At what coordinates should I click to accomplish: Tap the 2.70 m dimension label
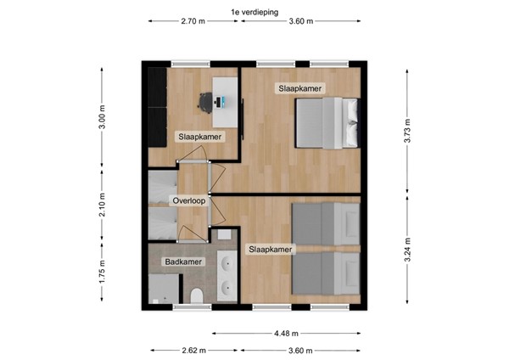click(193, 22)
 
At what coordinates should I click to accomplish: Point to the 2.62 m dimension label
click(193, 350)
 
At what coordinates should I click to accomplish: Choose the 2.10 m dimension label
click(102, 205)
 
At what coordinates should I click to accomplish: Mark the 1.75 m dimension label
click(102, 271)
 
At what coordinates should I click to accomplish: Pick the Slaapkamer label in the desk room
click(200, 136)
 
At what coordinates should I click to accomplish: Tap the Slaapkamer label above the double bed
click(300, 88)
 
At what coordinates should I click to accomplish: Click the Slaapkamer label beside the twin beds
click(270, 250)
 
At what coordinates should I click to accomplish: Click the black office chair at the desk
click(207, 102)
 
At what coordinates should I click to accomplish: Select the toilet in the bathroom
click(197, 295)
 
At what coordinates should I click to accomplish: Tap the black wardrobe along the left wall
click(157, 106)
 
